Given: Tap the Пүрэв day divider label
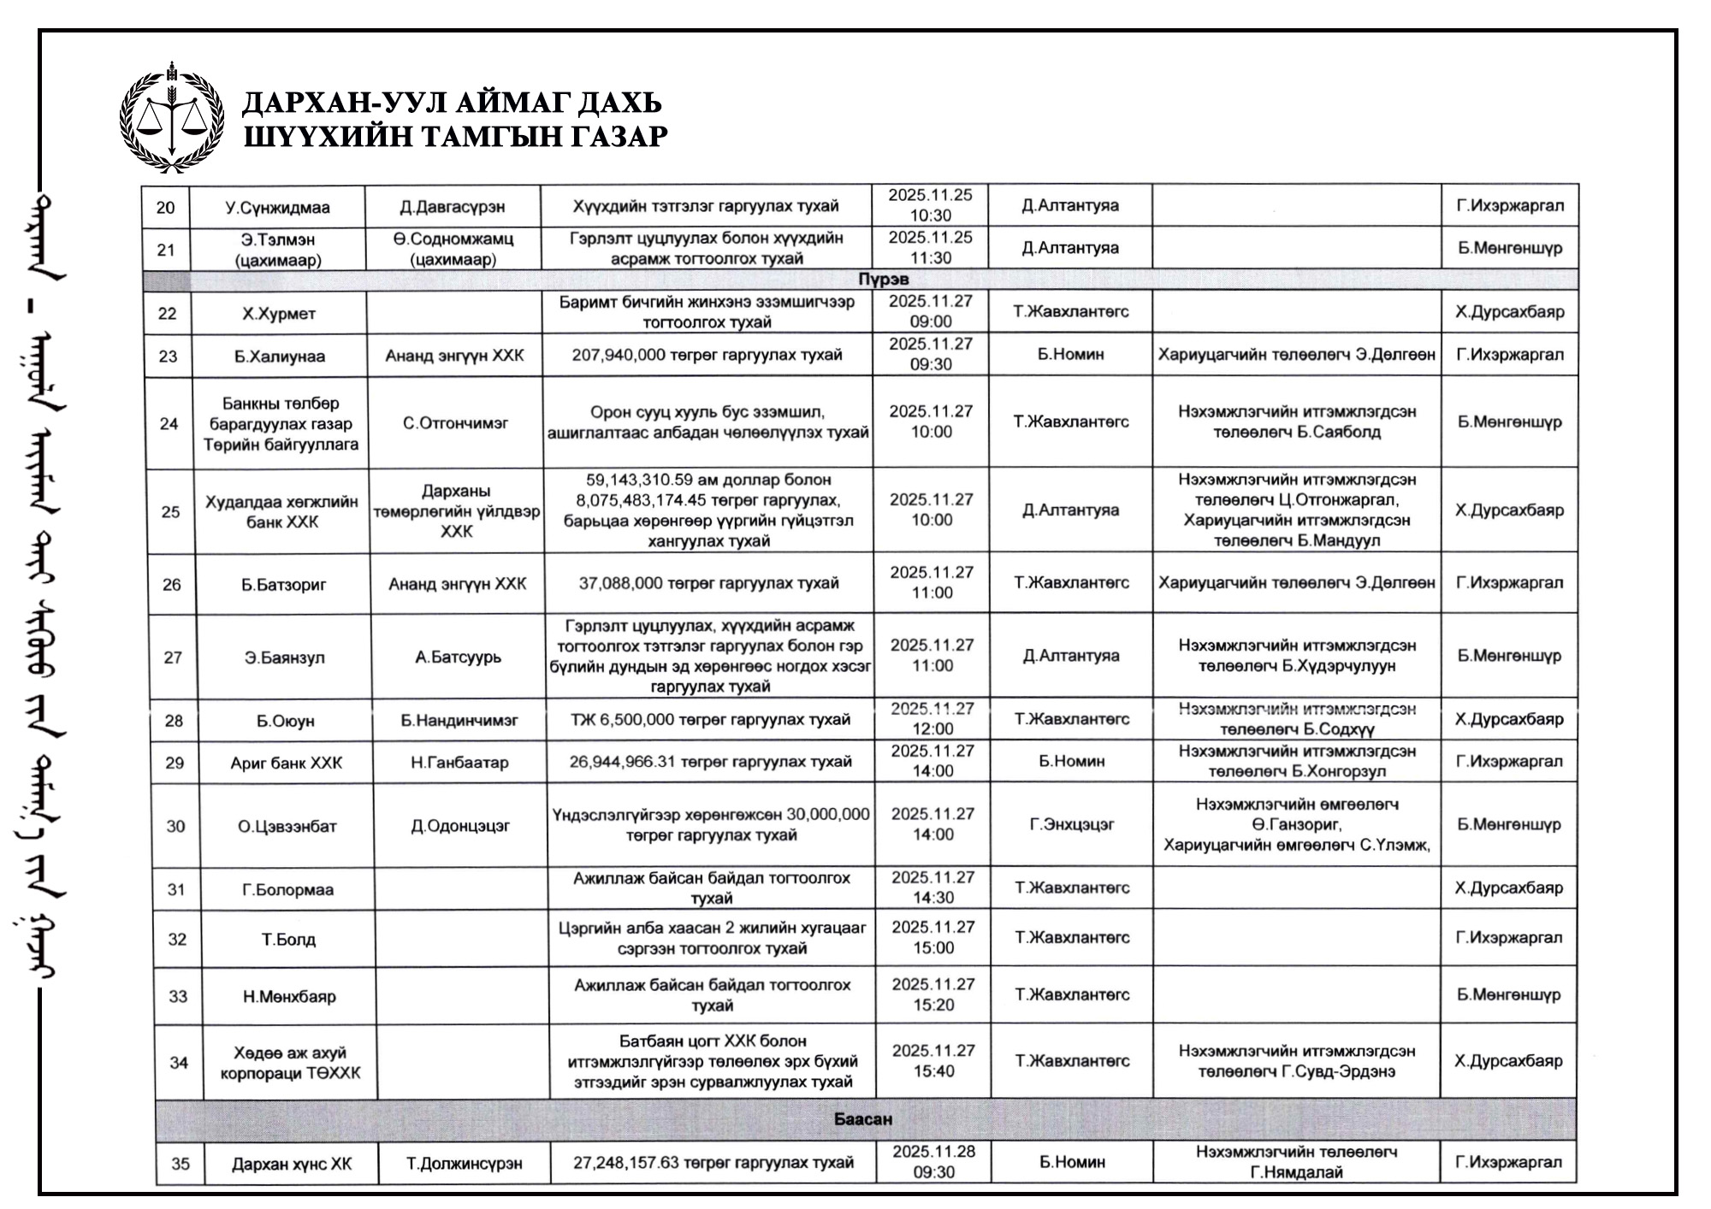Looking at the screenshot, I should click(x=884, y=280).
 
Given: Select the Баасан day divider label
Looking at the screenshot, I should click(x=863, y=1119).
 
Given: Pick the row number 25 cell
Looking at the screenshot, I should click(x=171, y=511).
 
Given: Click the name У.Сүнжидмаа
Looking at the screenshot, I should click(x=277, y=207).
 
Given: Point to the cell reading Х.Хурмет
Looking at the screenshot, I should click(x=279, y=314).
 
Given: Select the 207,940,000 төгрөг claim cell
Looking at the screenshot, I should click(x=707, y=355).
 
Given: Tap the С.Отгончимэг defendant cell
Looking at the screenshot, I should click(x=456, y=422).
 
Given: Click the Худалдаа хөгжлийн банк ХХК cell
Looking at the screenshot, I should click(x=281, y=511).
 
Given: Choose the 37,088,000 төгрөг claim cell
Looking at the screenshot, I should click(x=708, y=583).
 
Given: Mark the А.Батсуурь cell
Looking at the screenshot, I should click(x=459, y=657).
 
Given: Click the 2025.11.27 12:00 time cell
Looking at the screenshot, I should click(x=932, y=719).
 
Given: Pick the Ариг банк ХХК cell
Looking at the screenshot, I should click(x=286, y=763).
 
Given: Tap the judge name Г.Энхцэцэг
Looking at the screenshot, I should click(x=1072, y=825).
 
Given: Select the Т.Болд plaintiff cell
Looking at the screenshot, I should click(x=288, y=940).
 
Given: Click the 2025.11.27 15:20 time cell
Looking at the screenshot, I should click(x=932, y=994).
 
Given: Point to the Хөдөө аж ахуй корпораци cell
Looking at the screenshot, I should click(x=290, y=1062).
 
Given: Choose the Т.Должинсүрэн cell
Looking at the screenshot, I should click(x=464, y=1164).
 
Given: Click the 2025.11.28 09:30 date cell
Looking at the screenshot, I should click(x=933, y=1162).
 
